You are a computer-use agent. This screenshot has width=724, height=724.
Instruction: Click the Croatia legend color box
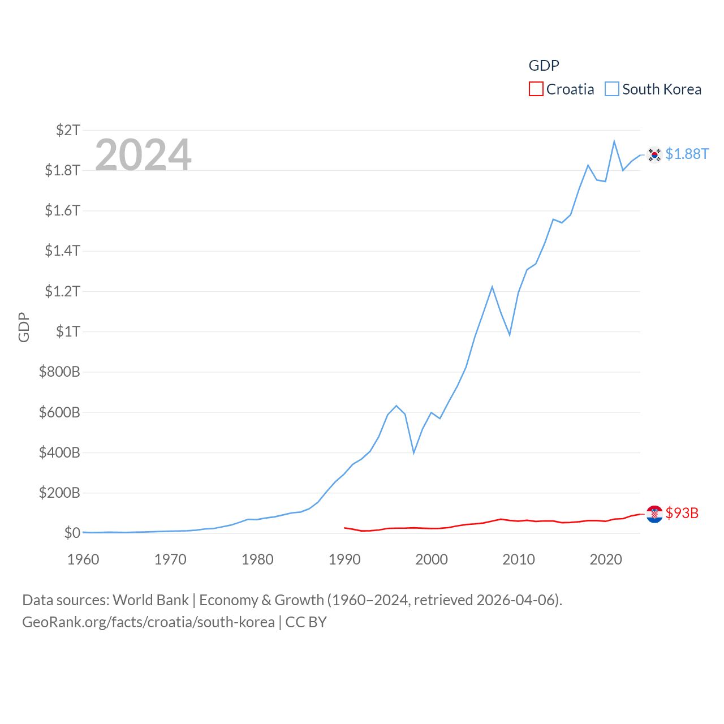coord(536,89)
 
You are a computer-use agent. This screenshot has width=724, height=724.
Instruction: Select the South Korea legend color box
coord(612,89)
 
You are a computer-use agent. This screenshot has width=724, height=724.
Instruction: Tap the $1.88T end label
coord(687,154)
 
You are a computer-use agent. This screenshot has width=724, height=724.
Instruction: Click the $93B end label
coord(682,513)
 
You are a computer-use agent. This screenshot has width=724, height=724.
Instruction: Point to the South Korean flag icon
coord(654,154)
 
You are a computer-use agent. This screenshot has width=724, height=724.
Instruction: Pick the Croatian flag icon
coord(654,514)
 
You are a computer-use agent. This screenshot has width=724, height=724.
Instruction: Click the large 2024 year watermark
coord(143,154)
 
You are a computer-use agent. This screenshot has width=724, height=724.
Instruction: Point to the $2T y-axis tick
coord(68,130)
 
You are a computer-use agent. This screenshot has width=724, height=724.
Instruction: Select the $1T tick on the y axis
coord(68,331)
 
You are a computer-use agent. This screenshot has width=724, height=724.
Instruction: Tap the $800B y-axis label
coord(59,372)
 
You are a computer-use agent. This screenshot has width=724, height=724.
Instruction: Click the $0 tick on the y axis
coord(72,533)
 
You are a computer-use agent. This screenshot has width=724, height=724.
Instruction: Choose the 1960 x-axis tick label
coord(83,559)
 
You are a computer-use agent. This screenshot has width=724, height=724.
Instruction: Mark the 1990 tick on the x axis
coord(344,559)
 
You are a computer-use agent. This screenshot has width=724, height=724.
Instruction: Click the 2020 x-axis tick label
coord(606,559)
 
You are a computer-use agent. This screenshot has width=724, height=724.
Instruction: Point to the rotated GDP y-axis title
coord(24,327)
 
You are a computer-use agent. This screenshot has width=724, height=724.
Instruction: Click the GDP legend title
coord(544,66)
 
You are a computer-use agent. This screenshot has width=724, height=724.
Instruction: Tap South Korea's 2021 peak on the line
coord(614,141)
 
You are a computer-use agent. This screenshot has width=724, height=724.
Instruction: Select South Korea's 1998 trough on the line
coord(414,453)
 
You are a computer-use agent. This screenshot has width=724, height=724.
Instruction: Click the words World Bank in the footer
coord(150,600)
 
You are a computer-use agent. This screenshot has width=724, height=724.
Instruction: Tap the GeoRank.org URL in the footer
coord(148,622)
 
